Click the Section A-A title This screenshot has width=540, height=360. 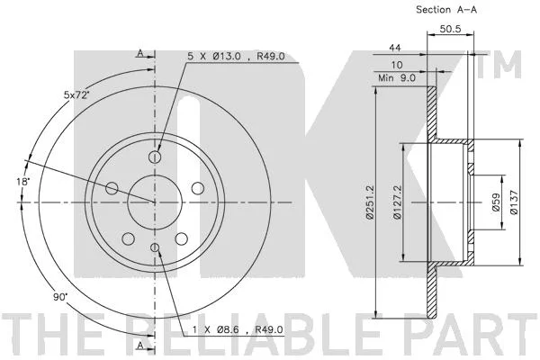click(446, 10)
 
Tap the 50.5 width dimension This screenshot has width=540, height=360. click(450, 29)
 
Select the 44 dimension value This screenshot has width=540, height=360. click(395, 48)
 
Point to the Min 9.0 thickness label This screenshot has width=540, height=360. click(397, 78)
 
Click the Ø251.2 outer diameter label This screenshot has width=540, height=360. click(370, 202)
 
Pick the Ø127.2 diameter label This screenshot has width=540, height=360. click(397, 202)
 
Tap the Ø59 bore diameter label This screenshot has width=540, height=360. click(496, 202)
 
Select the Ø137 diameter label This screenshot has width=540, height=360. click(514, 202)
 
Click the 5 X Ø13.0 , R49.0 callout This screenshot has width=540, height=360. click(236, 56)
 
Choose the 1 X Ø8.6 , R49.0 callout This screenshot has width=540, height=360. click(238, 330)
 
